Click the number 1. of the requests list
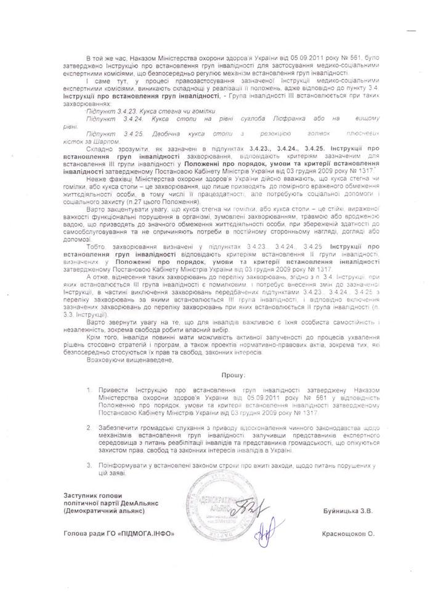pos(91,391)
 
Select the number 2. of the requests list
pos(91,427)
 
